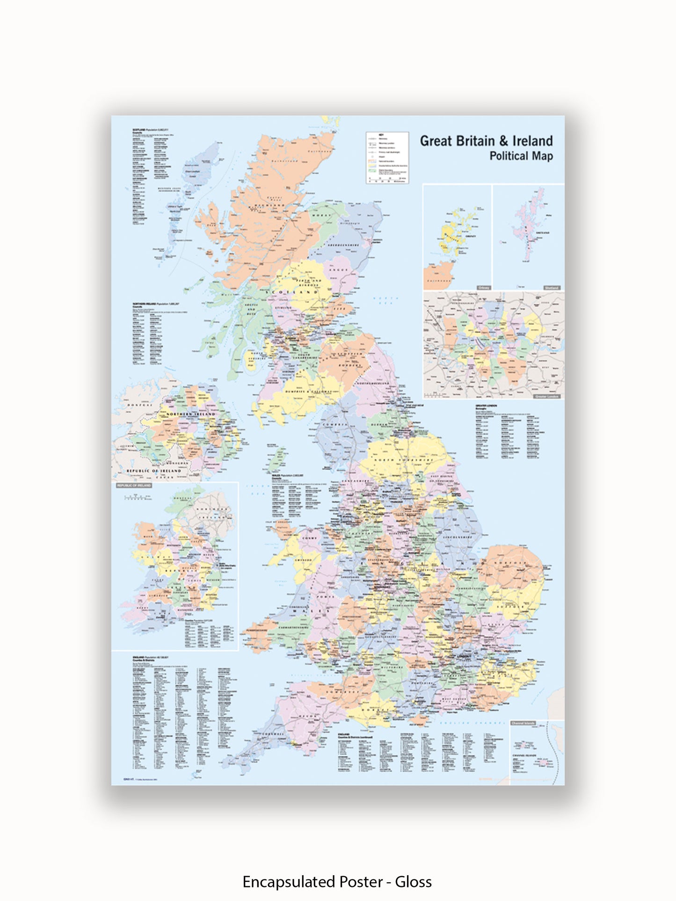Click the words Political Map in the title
point(521,156)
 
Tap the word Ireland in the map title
point(532,141)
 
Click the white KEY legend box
point(387,158)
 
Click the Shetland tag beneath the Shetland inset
point(552,288)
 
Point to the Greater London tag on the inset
point(547,396)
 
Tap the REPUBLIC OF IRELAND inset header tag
point(134,486)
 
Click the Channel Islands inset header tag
point(523,723)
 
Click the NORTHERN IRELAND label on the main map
point(191,414)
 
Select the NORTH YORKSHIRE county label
point(403,461)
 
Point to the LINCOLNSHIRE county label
point(458,538)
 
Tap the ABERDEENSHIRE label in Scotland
point(343,245)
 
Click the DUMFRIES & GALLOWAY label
point(308,391)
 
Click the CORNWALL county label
point(273,734)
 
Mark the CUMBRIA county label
point(334,424)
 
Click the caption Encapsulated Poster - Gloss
point(337,881)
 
